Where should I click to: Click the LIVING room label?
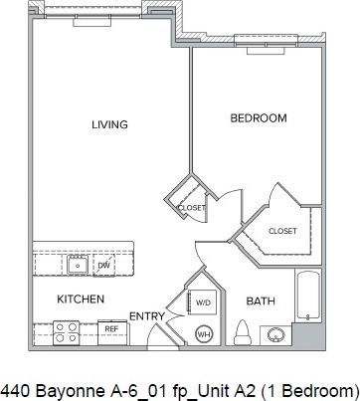pyautogui.click(x=109, y=124)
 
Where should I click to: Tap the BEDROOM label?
pyautogui.click(x=258, y=118)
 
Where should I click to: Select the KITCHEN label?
pyautogui.click(x=81, y=299)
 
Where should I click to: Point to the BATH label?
pyautogui.click(x=261, y=301)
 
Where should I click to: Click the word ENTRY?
pyautogui.click(x=146, y=316)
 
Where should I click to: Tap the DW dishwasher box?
pyautogui.click(x=103, y=266)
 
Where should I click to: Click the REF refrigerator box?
pyautogui.click(x=110, y=327)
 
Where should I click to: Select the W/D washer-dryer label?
pyautogui.click(x=202, y=301)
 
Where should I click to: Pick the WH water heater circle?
pyautogui.click(x=206, y=333)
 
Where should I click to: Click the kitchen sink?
pyautogui.click(x=77, y=266)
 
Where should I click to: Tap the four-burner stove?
pyautogui.click(x=67, y=331)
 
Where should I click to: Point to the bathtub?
pyautogui.click(x=308, y=296)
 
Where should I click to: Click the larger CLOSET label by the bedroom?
pyautogui.click(x=282, y=231)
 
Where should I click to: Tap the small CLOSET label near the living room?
pyautogui.click(x=191, y=208)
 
